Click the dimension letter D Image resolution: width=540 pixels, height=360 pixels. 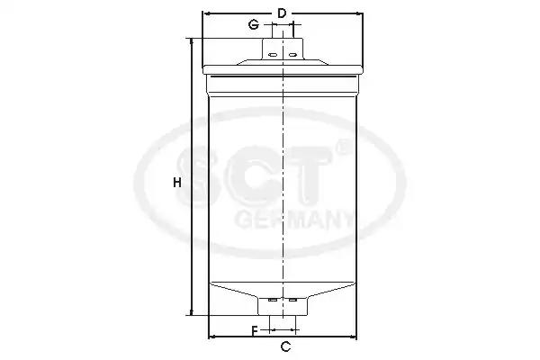point(282,13)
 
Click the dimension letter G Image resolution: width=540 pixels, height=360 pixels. point(254,25)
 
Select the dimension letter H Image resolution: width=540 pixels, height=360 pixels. point(177,182)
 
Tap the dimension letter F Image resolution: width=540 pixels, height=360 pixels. point(255,331)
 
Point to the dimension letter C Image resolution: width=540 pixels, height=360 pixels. point(285,346)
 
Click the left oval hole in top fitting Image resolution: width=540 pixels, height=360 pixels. point(273,55)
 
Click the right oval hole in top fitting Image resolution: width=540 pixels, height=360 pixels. point(292,55)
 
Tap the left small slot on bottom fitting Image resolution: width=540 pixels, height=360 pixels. point(273,300)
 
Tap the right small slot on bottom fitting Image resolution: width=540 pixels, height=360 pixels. point(292,300)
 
